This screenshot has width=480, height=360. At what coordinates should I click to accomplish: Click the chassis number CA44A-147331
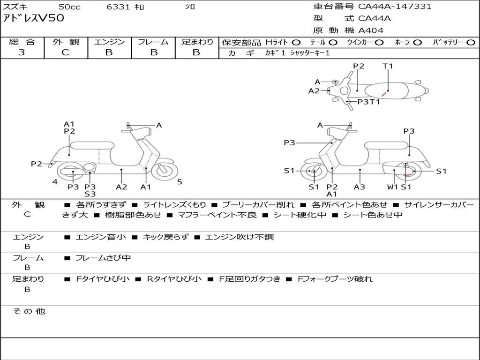tap(395, 7)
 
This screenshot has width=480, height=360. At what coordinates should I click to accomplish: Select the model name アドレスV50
tap(33, 18)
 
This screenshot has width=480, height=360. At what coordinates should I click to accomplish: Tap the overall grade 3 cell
tap(22, 52)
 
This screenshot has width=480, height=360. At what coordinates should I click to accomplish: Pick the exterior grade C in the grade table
tap(65, 52)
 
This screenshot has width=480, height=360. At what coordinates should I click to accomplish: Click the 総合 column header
tap(22, 42)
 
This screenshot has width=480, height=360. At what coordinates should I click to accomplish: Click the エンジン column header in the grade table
tap(109, 42)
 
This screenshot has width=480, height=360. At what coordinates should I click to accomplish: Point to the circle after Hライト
tap(296, 42)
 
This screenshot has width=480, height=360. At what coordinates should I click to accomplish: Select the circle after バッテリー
tap(471, 42)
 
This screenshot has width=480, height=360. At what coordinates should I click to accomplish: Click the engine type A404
tap(371, 30)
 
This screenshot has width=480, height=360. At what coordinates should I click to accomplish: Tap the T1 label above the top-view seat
tap(388, 66)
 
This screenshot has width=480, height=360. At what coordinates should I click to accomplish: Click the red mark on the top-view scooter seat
tap(383, 94)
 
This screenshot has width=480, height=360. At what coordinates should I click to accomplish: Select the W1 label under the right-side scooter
tap(393, 187)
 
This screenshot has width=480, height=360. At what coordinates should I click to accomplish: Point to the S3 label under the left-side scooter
tap(90, 194)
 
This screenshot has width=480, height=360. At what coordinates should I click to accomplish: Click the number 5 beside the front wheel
tap(180, 182)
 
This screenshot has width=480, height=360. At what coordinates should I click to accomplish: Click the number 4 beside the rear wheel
tap(55, 182)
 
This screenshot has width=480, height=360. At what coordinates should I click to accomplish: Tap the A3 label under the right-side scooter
tap(360, 187)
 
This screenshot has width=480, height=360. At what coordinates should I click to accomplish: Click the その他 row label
tap(29, 311)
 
